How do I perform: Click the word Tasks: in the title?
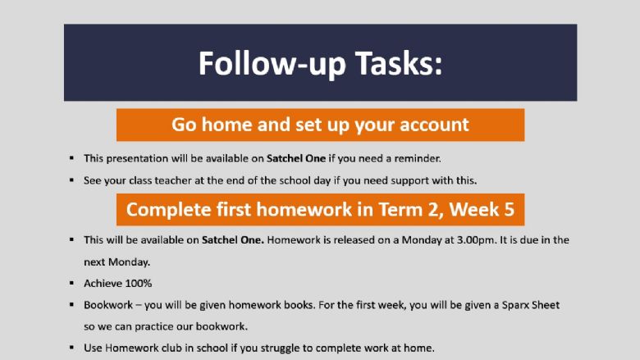tap(399, 63)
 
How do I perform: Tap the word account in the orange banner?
tap(434, 125)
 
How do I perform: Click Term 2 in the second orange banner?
tap(410, 210)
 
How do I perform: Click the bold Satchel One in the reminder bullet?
tap(296, 158)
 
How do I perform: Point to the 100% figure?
tap(139, 284)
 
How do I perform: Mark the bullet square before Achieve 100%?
tap(72, 283)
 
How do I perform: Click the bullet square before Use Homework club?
tap(72, 348)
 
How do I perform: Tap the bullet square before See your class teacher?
tap(72, 180)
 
